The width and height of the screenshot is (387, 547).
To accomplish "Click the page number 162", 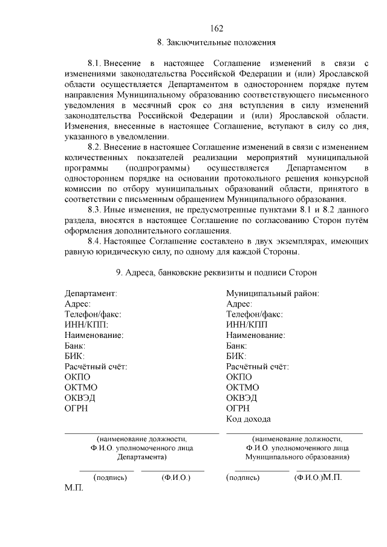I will click(217, 28).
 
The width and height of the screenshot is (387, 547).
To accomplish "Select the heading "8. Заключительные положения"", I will click(216, 42).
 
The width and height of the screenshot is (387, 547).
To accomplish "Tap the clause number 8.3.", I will click(94, 209).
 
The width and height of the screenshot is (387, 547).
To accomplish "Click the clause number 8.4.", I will click(94, 241).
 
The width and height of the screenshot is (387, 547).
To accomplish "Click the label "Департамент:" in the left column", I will click(91, 293).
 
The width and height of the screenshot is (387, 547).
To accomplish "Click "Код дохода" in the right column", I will click(249, 419).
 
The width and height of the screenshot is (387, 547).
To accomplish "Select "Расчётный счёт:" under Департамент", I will click(96, 366).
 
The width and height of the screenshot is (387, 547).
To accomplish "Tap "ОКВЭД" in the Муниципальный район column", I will click(242, 398).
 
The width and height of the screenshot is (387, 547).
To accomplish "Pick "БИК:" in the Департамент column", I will click(74, 356).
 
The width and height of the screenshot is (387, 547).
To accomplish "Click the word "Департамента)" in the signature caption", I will click(141, 458).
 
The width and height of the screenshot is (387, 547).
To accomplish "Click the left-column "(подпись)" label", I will click(110, 477).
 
